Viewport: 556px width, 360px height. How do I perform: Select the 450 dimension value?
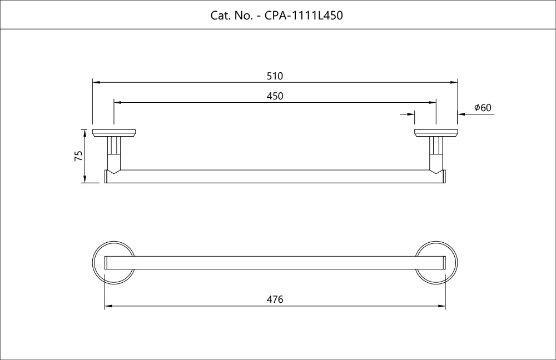(275, 96)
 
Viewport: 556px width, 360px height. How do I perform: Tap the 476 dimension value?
(275, 299)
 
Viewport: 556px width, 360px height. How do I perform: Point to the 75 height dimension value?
(78, 156)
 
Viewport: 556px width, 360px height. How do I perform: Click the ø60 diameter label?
(483, 108)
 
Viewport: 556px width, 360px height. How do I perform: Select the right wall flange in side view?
(436, 133)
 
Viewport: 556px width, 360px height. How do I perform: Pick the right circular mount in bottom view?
(436, 263)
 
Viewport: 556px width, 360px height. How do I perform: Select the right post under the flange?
(436, 149)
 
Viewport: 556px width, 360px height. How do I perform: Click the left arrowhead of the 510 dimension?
(96, 82)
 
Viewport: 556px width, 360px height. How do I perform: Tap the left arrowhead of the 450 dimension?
(117, 103)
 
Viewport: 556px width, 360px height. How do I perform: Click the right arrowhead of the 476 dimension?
(442, 306)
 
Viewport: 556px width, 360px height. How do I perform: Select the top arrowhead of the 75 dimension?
(85, 132)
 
